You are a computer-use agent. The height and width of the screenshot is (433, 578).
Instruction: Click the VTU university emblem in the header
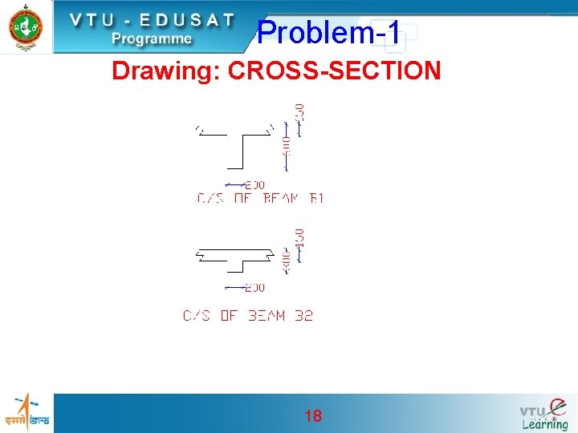(x=26, y=26)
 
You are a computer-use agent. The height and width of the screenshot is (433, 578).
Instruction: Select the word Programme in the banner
(x=152, y=38)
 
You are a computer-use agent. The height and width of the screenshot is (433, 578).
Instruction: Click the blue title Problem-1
(x=328, y=32)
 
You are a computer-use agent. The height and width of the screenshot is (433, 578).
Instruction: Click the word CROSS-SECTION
(x=335, y=71)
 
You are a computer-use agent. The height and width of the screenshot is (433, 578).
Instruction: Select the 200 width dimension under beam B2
(x=254, y=287)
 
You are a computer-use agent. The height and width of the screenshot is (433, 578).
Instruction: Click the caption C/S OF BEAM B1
(x=260, y=198)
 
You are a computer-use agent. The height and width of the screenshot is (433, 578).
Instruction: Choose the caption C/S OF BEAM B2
(x=248, y=316)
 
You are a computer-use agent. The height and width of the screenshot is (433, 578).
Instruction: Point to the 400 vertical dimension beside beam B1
(x=287, y=145)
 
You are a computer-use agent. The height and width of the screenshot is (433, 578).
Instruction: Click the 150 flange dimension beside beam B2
(x=299, y=237)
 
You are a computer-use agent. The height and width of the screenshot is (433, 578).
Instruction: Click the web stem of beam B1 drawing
(x=242, y=152)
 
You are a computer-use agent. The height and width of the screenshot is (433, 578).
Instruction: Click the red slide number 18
(x=313, y=415)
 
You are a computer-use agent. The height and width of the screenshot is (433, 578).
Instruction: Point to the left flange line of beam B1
(x=212, y=135)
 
